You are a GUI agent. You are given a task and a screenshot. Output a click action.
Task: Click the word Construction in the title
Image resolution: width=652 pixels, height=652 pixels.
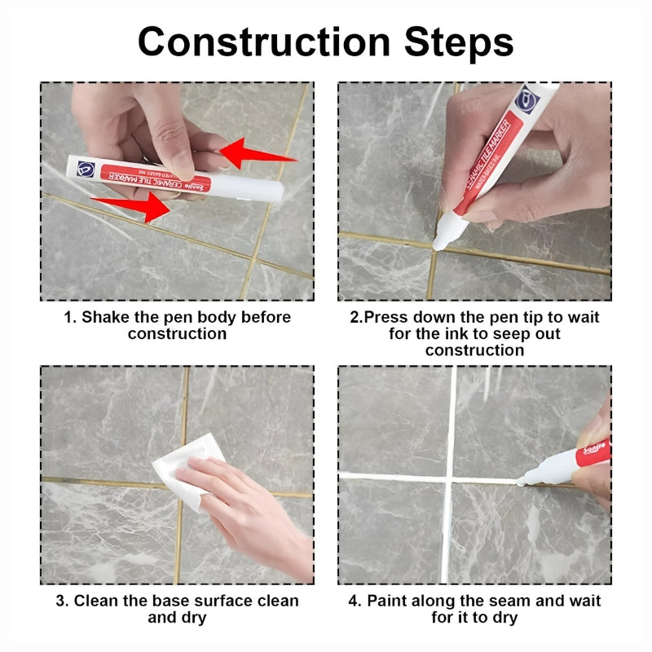[263, 42]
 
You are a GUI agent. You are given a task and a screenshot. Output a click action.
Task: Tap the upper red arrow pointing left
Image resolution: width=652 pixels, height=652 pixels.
[257, 153]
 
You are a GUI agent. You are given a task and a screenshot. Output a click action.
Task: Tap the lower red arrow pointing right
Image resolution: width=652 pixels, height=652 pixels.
[132, 206]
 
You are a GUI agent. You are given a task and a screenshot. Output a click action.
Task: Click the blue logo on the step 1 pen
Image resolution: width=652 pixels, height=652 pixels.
[86, 170]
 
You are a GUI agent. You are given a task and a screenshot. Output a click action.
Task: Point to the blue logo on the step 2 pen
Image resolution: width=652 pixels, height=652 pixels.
[526, 100]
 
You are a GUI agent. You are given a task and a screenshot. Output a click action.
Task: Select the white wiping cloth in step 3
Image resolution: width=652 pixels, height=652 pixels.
[188, 469]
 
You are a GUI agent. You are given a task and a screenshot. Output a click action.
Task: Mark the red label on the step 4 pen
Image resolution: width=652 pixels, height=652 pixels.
[593, 452]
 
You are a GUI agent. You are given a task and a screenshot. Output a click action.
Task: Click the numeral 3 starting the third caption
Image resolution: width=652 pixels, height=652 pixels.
[60, 601]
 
